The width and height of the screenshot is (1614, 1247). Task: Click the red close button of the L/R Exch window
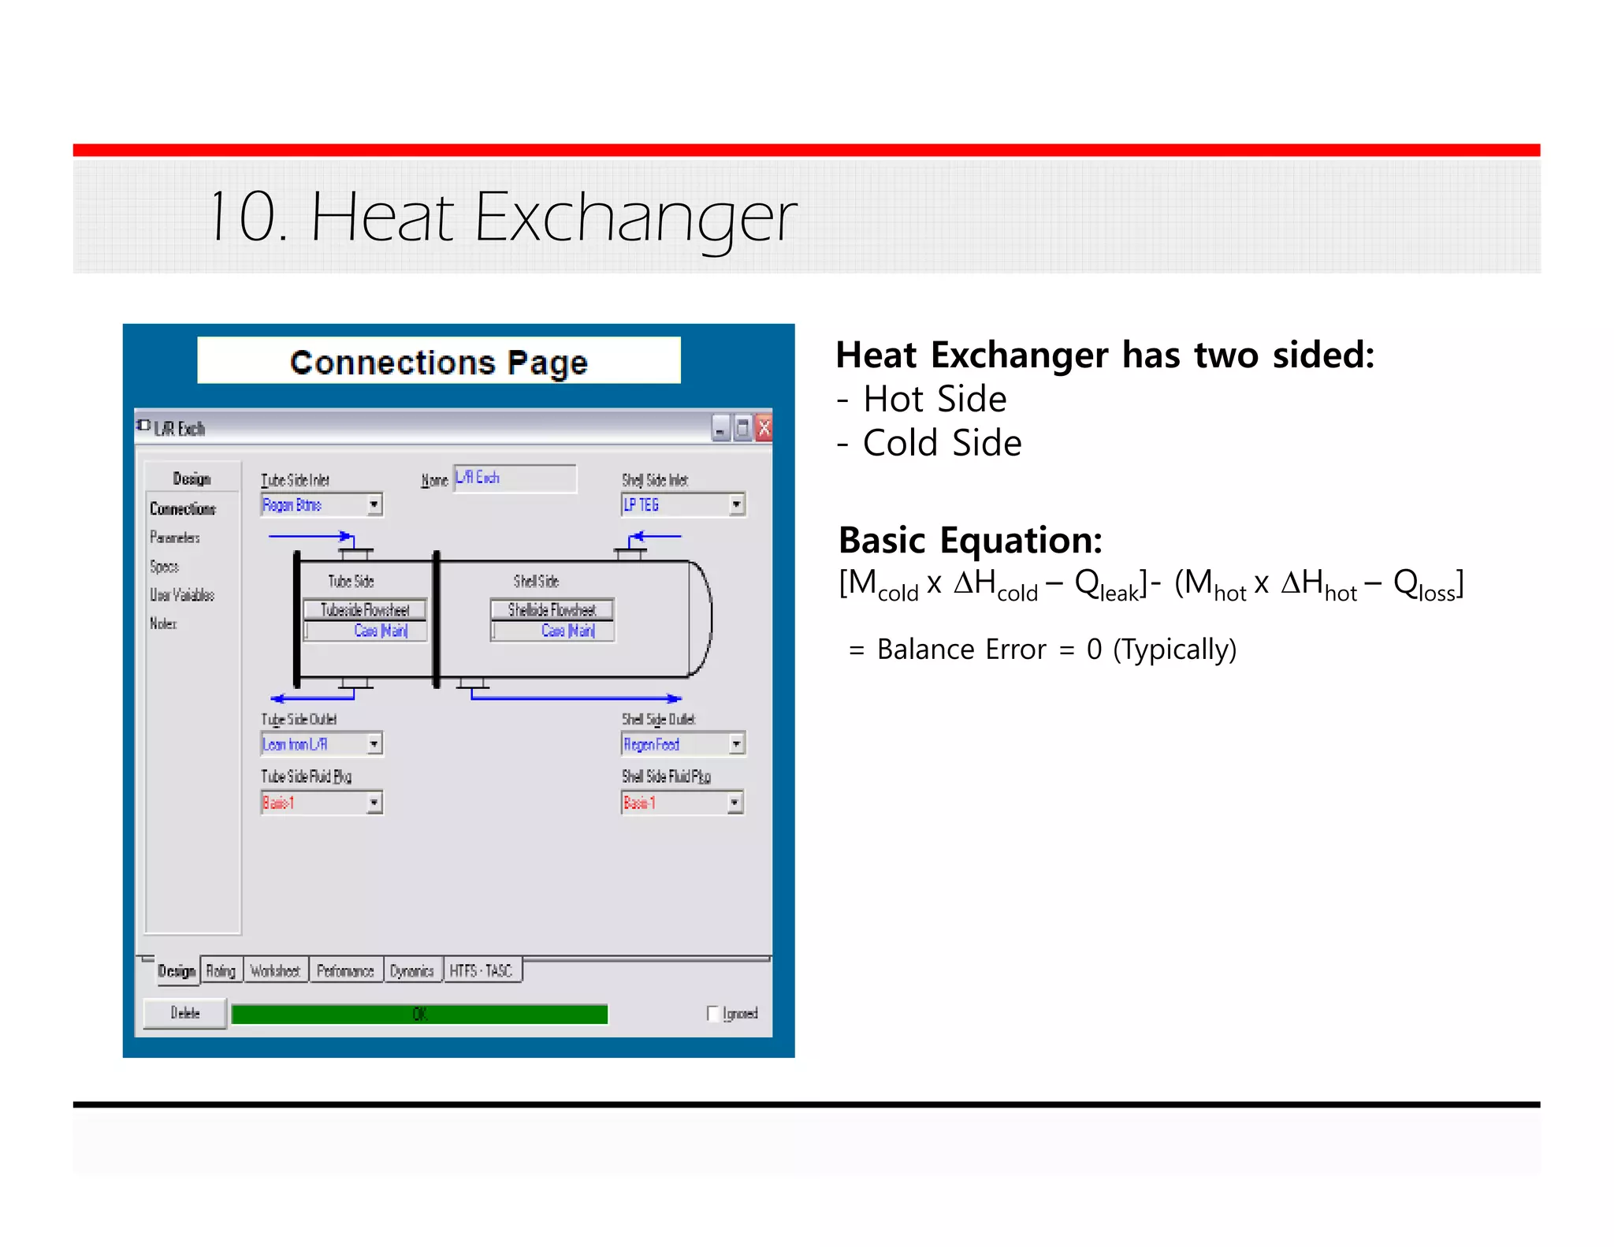pyautogui.click(x=763, y=428)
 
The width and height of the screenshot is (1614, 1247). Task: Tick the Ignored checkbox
pyautogui.click(x=713, y=1013)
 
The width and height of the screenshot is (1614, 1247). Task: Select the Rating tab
pyautogui.click(x=221, y=970)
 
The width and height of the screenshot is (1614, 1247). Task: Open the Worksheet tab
pyautogui.click(x=275, y=970)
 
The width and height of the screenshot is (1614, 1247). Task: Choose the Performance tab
pyautogui.click(x=345, y=970)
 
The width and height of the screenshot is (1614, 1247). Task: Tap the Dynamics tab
pyautogui.click(x=411, y=970)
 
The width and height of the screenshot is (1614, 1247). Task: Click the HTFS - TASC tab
pyautogui.click(x=481, y=970)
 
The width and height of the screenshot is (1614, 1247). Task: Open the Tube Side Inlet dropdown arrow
pyautogui.click(x=374, y=504)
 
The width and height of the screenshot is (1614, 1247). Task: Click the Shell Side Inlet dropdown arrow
pyautogui.click(x=736, y=504)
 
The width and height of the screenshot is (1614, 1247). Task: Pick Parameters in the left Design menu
pyautogui.click(x=175, y=538)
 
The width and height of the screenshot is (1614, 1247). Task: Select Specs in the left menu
pyautogui.click(x=165, y=566)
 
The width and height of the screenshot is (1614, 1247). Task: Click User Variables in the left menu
pyautogui.click(x=182, y=594)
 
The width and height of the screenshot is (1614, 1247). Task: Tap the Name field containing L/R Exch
pyautogui.click(x=515, y=478)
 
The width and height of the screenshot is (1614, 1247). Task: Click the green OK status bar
pyautogui.click(x=419, y=1014)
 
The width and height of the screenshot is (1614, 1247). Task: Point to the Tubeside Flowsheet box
pyautogui.click(x=365, y=609)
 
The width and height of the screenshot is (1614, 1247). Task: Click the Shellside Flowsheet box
pyautogui.click(x=552, y=609)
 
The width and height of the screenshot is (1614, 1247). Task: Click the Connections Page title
pyautogui.click(x=439, y=362)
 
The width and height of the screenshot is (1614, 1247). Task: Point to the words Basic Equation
pyautogui.click(x=970, y=541)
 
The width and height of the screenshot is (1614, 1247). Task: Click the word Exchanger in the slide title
pyautogui.click(x=635, y=217)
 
